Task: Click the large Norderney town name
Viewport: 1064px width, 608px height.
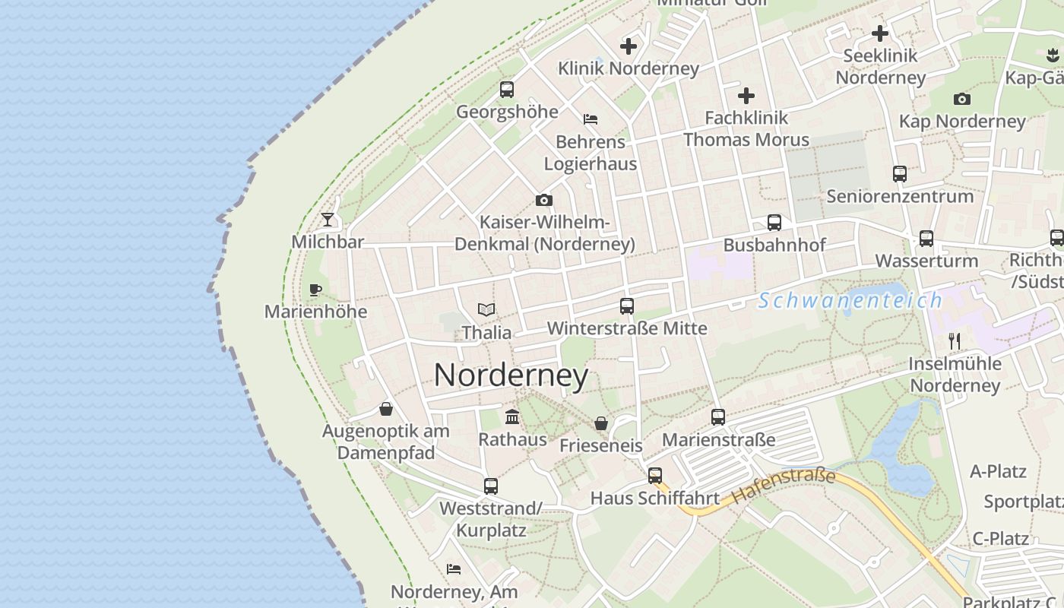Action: (511, 375)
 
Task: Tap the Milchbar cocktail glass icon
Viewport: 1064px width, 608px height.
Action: (328, 220)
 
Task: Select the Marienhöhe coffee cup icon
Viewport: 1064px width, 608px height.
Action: (315, 290)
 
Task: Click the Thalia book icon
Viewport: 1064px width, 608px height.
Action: (486, 310)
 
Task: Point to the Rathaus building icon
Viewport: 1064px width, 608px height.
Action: (512, 417)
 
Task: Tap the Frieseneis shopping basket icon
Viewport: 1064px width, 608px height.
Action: (601, 423)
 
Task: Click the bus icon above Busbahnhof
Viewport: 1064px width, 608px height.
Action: (774, 223)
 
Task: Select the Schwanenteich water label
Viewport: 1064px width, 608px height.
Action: (850, 300)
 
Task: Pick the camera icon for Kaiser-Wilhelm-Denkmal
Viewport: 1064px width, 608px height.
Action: (544, 201)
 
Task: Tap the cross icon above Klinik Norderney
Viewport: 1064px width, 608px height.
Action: (629, 46)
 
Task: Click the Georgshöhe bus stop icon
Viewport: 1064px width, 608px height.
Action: (507, 90)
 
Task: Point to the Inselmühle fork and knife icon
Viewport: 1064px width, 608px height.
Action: (955, 340)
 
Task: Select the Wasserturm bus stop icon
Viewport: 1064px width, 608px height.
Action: (926, 239)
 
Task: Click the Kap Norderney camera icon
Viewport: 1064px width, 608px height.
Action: (962, 99)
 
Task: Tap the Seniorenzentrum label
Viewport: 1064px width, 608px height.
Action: (900, 196)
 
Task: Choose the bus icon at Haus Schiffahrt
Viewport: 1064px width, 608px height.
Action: (655, 476)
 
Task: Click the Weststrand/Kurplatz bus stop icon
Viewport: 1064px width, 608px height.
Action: (491, 486)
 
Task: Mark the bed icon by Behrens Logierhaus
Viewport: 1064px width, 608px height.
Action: (591, 119)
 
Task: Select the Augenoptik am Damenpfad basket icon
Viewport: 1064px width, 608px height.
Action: (386, 409)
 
